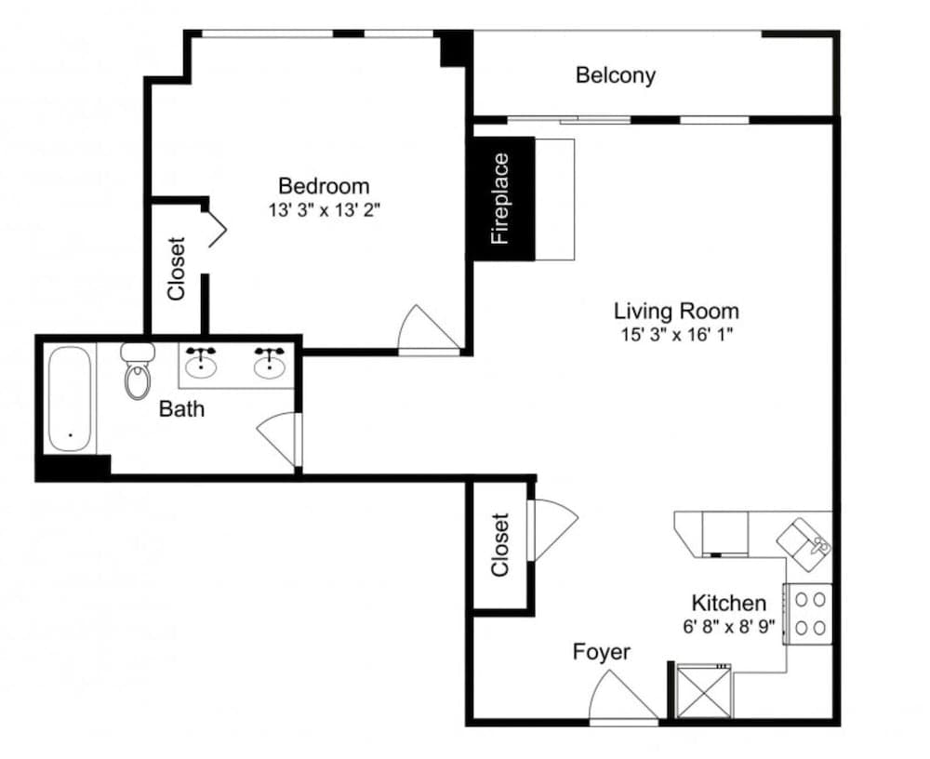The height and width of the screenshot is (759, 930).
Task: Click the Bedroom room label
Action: pyautogui.click(x=324, y=185)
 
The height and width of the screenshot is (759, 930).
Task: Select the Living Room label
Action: pyautogui.click(x=676, y=311)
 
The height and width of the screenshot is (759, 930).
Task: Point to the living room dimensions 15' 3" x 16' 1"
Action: pyautogui.click(x=676, y=335)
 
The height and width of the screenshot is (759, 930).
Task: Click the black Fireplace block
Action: pyautogui.click(x=503, y=198)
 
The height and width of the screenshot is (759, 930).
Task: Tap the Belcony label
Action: pyautogui.click(x=615, y=75)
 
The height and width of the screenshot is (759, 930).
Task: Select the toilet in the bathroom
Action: pyautogui.click(x=138, y=373)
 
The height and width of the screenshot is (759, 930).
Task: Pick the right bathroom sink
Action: pyautogui.click(x=270, y=363)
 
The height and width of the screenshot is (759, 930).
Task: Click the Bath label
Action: pyautogui.click(x=181, y=408)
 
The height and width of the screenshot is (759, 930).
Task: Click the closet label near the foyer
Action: pyautogui.click(x=500, y=544)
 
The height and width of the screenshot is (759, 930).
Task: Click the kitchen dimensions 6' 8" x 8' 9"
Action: pyautogui.click(x=729, y=627)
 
